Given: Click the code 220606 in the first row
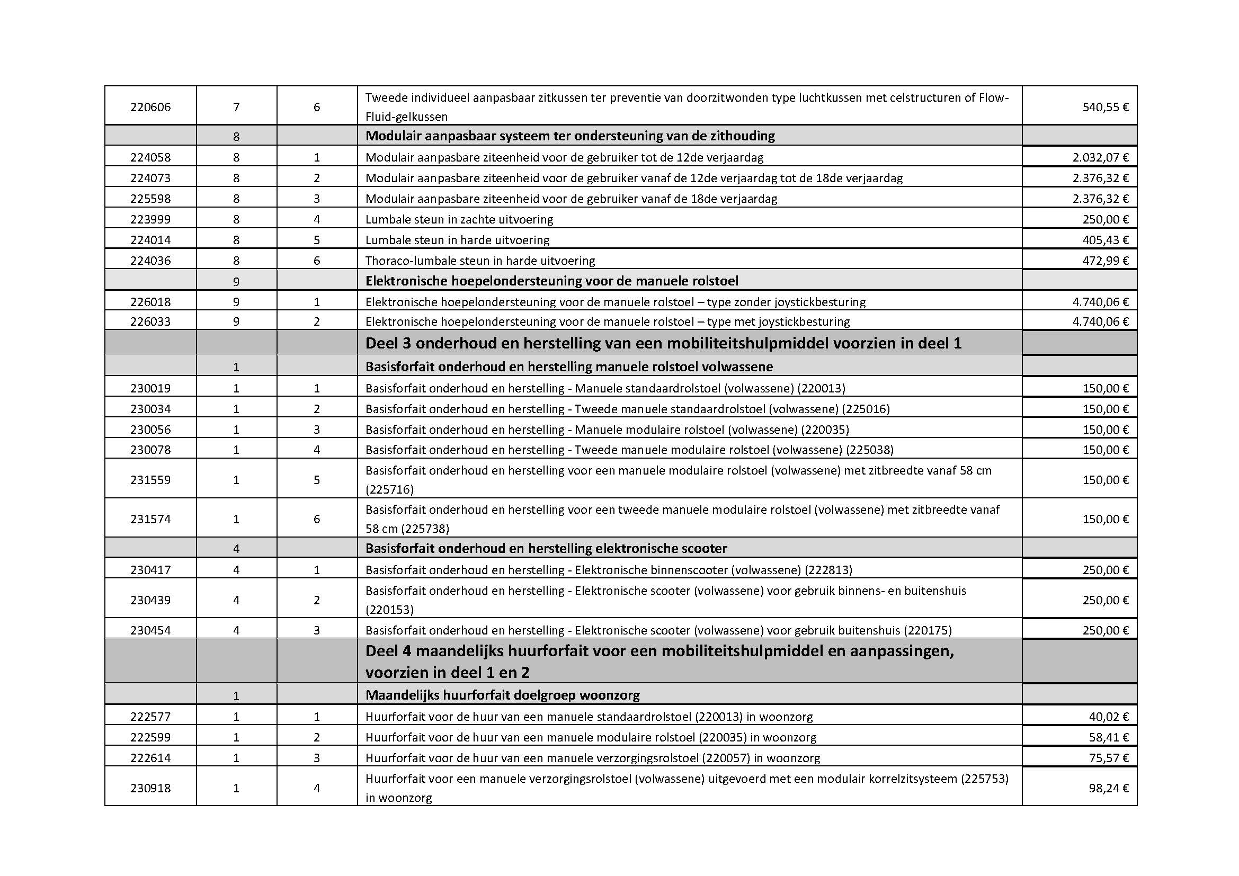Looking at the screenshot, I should tap(150, 107).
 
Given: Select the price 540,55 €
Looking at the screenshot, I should tap(1105, 107).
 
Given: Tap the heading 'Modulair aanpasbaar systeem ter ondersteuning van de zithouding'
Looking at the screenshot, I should tap(570, 136).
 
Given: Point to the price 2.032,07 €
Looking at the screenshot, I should tap(1100, 157).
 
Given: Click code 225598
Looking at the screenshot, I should tap(150, 199).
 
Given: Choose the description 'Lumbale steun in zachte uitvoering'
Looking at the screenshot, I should tap(459, 219).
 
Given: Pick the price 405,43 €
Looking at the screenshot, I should tap(1105, 239).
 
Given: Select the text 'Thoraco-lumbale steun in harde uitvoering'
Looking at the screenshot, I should tap(480, 261).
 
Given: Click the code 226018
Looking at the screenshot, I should tap(150, 301).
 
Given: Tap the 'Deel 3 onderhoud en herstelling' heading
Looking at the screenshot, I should tap(663, 343).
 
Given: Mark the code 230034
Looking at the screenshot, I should tap(150, 409).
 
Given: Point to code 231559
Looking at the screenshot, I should tap(150, 479).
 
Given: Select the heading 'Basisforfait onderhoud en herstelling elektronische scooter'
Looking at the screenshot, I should tap(546, 549).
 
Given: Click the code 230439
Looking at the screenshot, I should tap(150, 600).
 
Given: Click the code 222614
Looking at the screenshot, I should tap(150, 758).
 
